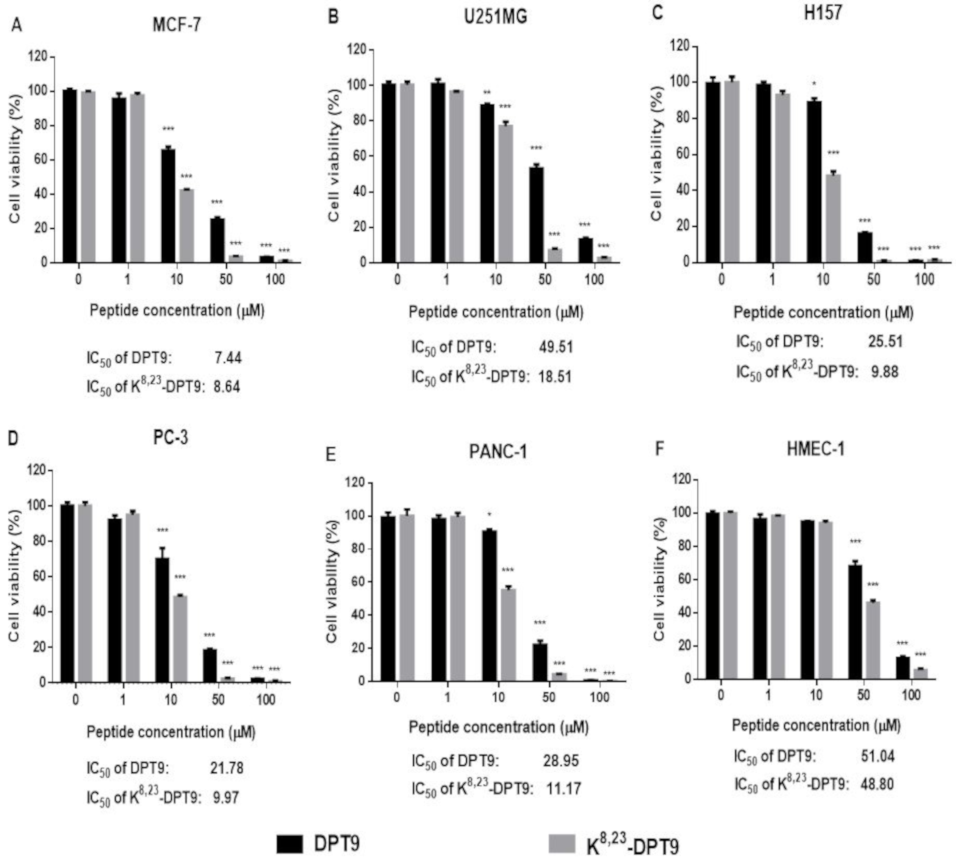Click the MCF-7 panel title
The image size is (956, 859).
click(177, 25)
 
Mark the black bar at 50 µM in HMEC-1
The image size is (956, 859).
click(855, 622)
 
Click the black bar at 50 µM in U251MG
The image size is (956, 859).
click(536, 215)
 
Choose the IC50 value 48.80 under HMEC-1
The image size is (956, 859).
click(877, 784)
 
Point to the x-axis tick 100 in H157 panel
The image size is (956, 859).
click(924, 280)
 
